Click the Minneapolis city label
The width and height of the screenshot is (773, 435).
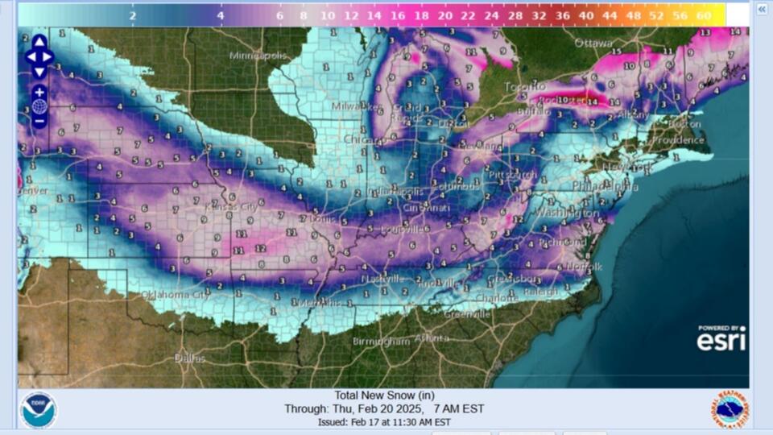(x=258, y=56)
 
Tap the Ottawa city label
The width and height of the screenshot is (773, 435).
(x=593, y=43)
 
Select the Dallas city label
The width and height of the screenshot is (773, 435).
(x=190, y=358)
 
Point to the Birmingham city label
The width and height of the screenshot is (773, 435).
(x=381, y=342)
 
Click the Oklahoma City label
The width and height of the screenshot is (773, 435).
(x=175, y=295)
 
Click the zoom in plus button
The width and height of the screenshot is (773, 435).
(x=39, y=93)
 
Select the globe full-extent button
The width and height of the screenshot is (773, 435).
(x=39, y=107)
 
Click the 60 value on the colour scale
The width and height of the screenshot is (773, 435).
(x=704, y=15)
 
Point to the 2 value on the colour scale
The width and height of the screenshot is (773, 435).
(x=132, y=15)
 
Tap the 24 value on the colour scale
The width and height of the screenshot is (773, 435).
(x=492, y=15)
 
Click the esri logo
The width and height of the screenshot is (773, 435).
(x=721, y=339)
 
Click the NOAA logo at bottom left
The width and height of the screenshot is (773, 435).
(x=39, y=410)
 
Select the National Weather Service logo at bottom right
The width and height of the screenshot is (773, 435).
(x=730, y=410)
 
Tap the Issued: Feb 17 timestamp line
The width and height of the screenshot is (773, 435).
(x=383, y=422)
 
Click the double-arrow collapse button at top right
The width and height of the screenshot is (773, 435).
(x=762, y=9)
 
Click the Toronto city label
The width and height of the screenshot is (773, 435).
(x=524, y=86)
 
